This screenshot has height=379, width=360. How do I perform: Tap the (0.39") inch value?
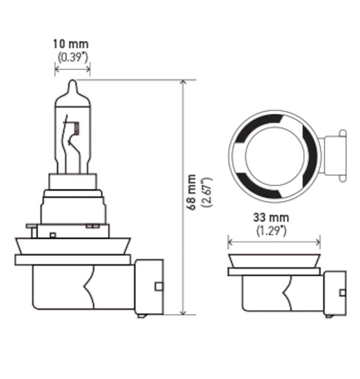pyautogui.click(x=73, y=57)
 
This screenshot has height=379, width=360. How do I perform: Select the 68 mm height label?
pyautogui.click(x=191, y=192)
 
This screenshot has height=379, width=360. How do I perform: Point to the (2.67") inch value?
pyautogui.click(x=206, y=192)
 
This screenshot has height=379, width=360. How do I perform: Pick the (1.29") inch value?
pyautogui.click(x=272, y=231)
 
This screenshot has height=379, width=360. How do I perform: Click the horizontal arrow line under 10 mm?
pyautogui.click(x=72, y=69)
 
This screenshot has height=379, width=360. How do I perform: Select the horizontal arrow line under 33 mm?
pyautogui.click(x=274, y=242)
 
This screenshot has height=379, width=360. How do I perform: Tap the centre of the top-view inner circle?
pyautogui.click(x=275, y=156)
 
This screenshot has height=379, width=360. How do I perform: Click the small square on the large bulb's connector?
pyautogui.click(x=158, y=286)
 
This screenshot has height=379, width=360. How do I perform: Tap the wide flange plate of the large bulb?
pyautogui.click(x=73, y=260)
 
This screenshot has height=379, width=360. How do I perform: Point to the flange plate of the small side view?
pyautogui.click(x=275, y=271)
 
